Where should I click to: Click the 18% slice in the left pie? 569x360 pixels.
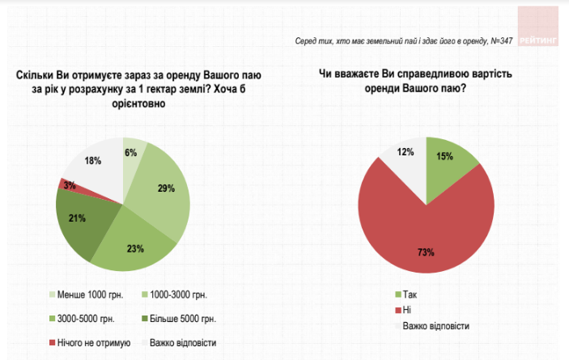(94, 162)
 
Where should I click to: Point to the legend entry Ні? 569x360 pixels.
(407, 310)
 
